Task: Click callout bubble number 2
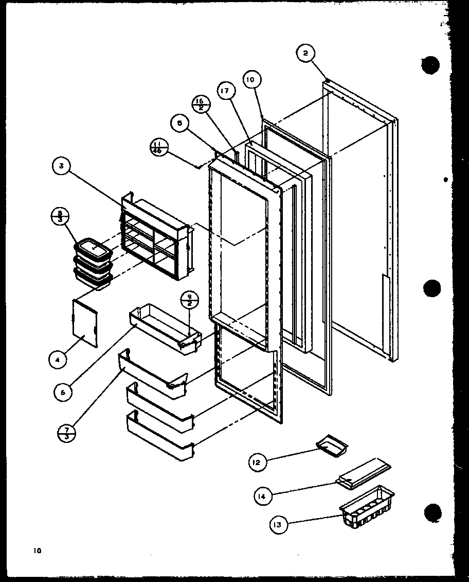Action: point(305,54)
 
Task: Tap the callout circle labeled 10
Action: point(251,80)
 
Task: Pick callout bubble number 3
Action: point(61,166)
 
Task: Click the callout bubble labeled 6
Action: point(62,391)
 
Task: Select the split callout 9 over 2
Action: point(189,300)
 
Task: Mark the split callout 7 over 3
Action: point(67,432)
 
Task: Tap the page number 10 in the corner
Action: point(38,551)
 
